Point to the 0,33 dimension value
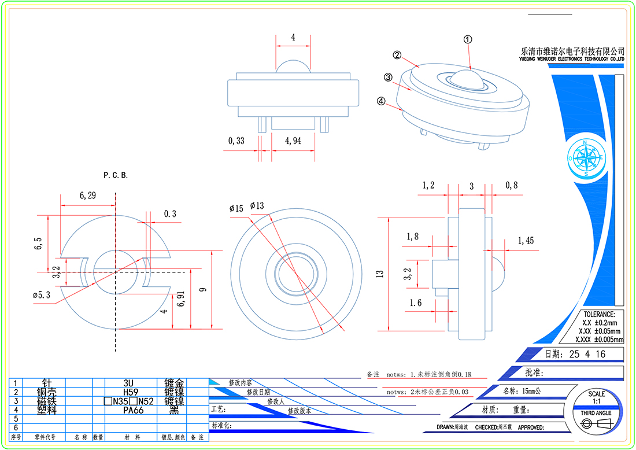click(x=236, y=141)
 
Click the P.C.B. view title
click(x=116, y=175)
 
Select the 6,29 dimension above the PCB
click(x=88, y=197)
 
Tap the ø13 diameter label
click(x=257, y=206)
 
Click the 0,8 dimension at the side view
click(x=512, y=186)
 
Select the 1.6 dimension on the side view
click(x=416, y=303)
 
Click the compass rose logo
click(x=586, y=157)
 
